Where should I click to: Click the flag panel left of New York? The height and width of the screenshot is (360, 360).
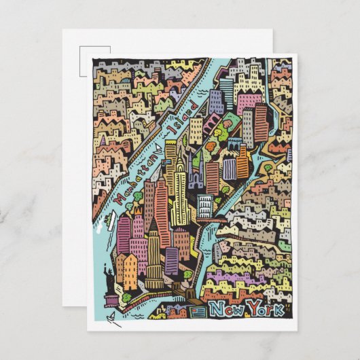pos(197,311)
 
